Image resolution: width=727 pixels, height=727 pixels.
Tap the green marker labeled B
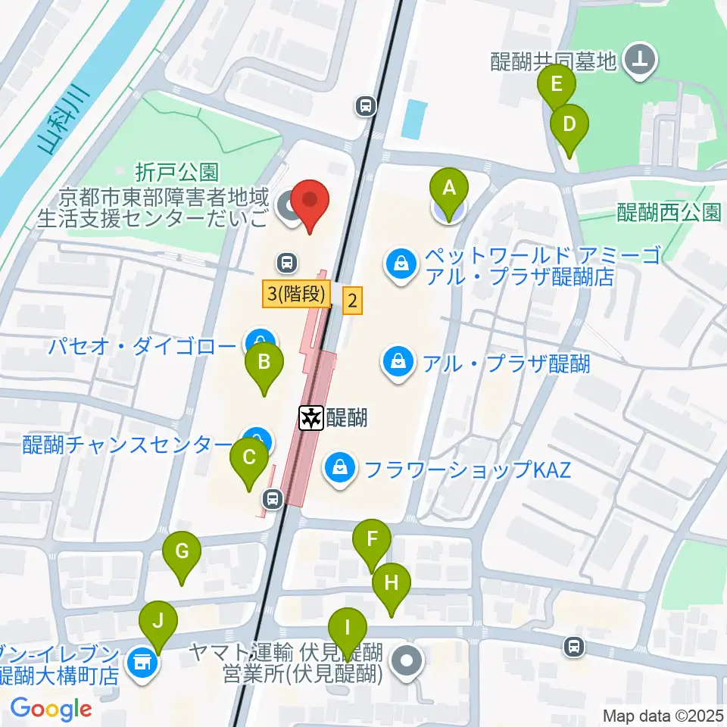coord(264,361)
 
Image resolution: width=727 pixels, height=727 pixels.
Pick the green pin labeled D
coord(569,122)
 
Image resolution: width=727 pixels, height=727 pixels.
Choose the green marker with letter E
coord(557,83)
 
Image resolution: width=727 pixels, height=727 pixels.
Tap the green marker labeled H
coord(392,583)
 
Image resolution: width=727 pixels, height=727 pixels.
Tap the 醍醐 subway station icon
coord(310,417)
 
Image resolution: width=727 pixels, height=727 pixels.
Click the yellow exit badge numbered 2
coord(352,301)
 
